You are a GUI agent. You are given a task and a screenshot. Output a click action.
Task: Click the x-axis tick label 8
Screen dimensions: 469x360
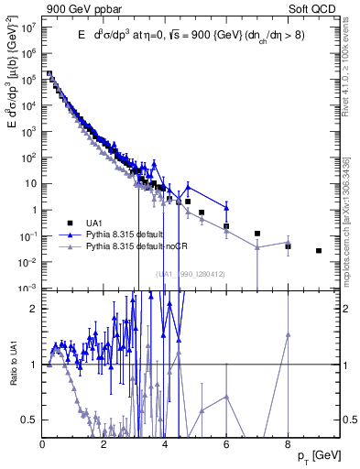[288, 444]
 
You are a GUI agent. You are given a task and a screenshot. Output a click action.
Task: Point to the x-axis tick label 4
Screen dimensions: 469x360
[165, 444]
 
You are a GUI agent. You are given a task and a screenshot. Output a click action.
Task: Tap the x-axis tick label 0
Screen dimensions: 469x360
[43, 444]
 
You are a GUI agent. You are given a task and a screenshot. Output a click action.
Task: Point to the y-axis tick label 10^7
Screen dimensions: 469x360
[28, 27]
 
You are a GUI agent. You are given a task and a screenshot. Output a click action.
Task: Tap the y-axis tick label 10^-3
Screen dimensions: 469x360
[28, 289]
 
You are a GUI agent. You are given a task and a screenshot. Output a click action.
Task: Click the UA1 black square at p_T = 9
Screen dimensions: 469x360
[319, 250]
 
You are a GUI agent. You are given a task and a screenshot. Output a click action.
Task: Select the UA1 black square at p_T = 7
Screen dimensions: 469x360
[257, 234]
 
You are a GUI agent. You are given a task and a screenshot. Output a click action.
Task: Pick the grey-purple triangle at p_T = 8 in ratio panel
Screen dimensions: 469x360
[288, 335]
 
